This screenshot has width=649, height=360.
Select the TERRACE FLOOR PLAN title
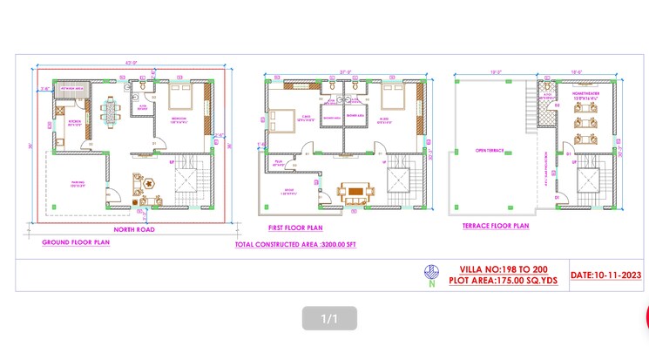point(495,226)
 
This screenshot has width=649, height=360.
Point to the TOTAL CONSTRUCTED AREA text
point(295,245)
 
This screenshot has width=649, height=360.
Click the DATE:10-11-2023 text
point(606,275)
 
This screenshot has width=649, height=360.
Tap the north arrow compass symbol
point(430,274)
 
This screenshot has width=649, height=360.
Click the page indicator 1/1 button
point(328,319)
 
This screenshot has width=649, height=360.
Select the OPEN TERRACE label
point(487,150)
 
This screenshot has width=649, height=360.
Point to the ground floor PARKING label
point(77,184)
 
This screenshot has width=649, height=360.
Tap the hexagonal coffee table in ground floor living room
point(150,184)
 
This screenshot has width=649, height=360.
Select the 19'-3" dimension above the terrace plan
point(495,72)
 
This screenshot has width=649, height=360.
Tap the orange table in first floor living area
point(355,190)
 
